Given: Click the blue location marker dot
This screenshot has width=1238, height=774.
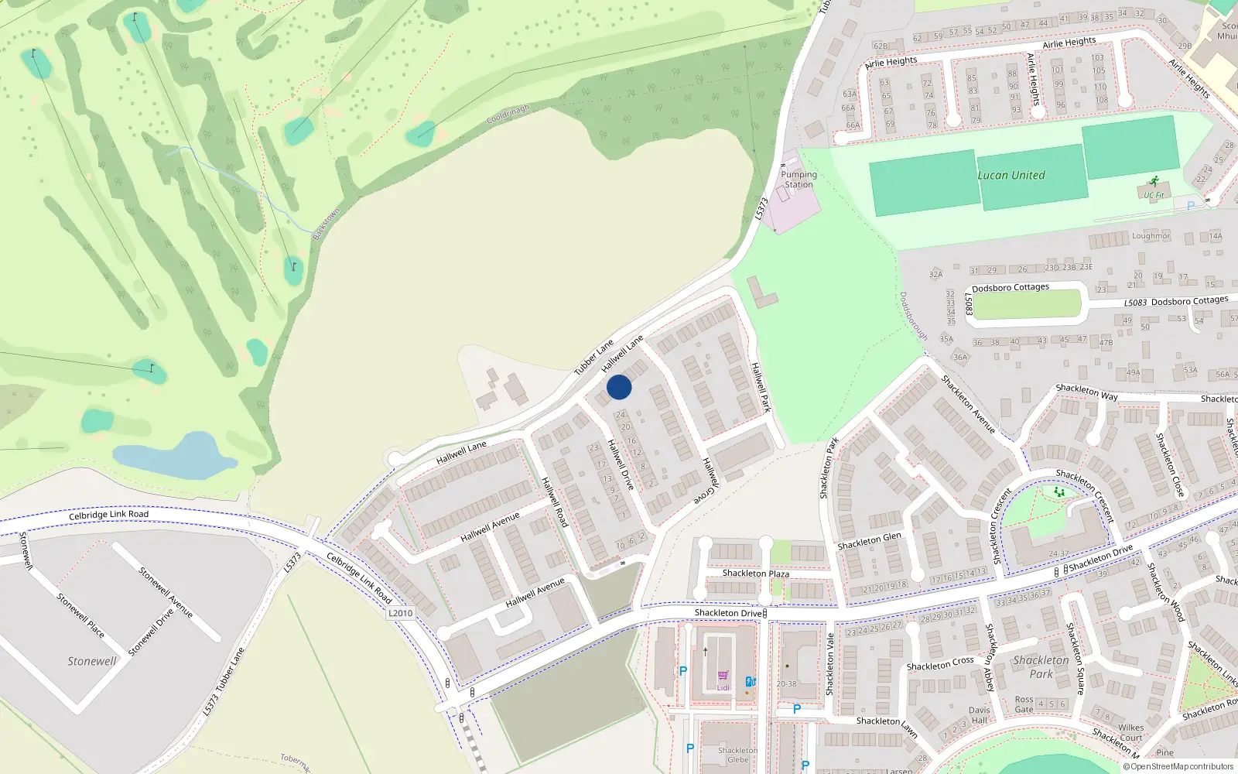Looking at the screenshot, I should point(619,387).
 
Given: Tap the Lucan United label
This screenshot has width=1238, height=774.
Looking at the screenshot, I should point(1011,176).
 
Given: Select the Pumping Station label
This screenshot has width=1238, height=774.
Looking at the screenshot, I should point(799,180).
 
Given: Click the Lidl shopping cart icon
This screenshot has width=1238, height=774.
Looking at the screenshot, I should point(723,676).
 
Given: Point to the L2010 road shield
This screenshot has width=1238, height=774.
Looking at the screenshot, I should point(400,613).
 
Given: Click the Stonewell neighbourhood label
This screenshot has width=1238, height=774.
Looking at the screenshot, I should point(91,661).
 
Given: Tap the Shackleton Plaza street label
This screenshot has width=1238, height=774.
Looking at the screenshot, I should point(755,574).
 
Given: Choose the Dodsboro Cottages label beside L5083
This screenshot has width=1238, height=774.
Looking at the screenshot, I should point(1189,301).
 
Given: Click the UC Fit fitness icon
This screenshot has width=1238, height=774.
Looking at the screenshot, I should point(1154,182).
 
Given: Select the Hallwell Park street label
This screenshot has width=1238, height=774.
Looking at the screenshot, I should point(761,387).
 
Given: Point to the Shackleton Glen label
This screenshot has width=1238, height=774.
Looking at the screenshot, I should point(869,541).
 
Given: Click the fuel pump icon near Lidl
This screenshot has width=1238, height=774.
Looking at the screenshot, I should point(750,682).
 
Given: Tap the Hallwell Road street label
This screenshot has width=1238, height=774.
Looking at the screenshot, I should point(555,502).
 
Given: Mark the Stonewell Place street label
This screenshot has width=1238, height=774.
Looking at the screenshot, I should point(80,615).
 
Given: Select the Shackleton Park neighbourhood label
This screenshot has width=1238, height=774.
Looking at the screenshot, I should point(1041,666).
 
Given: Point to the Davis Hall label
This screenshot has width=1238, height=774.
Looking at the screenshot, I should point(979,715).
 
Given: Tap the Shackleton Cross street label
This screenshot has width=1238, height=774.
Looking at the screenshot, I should point(939,664).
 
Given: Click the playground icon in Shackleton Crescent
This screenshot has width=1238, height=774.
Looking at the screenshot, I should point(1058,491).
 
